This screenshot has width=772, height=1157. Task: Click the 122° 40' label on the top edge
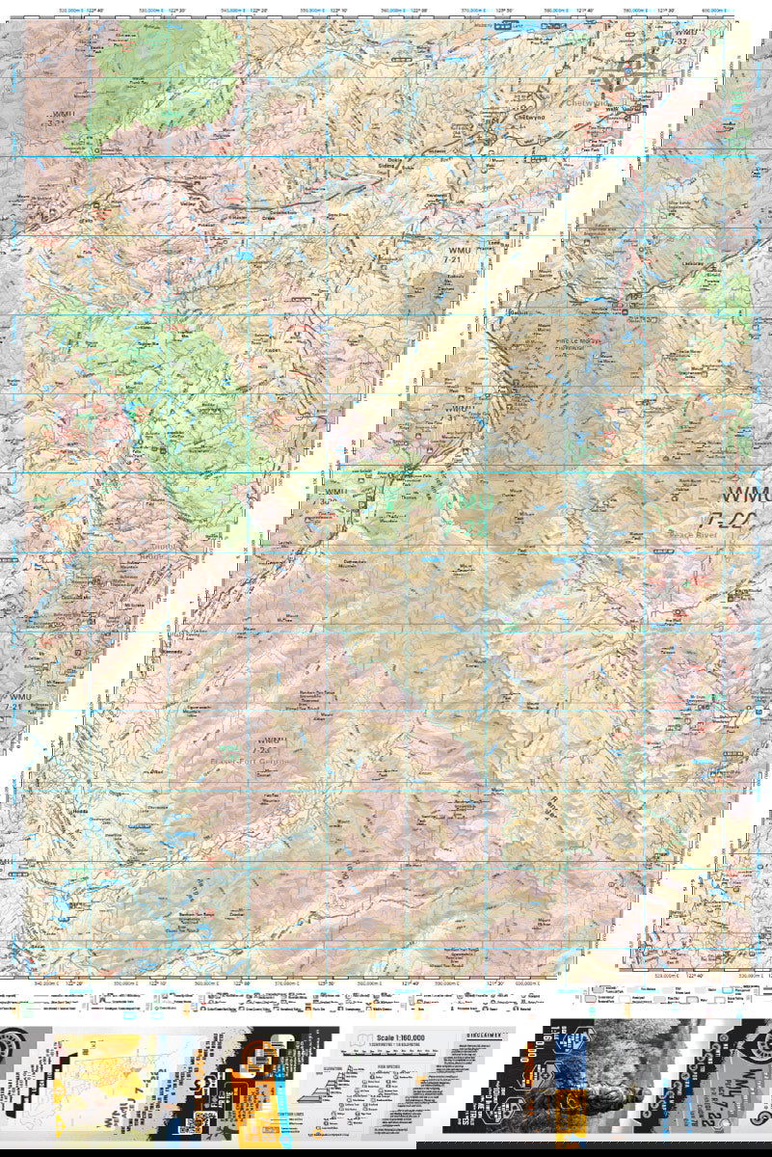[94, 9]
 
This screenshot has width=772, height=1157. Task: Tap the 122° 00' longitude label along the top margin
[419, 9]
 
